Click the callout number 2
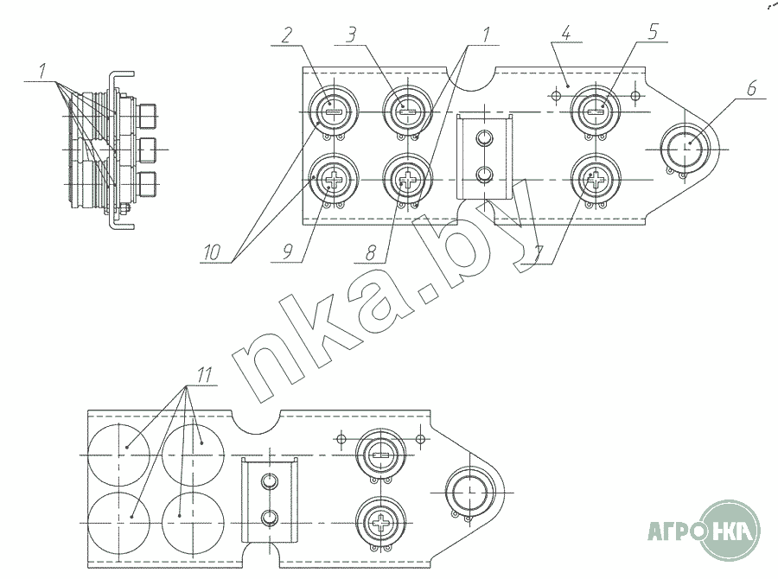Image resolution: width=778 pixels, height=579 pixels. tap(287, 35)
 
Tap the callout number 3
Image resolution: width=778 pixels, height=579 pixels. tap(351, 35)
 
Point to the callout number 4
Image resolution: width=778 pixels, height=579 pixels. tap(566, 33)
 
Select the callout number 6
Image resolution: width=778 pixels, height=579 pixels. tap(752, 88)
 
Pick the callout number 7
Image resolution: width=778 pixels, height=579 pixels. tap(539, 255)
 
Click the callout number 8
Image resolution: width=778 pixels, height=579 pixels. tap(371, 253)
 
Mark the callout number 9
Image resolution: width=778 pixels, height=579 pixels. tap(287, 252)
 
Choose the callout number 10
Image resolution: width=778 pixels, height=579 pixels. tap(212, 252)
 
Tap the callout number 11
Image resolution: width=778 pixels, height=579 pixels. tap(204, 374)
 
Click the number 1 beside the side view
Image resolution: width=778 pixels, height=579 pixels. tap(42, 70)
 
